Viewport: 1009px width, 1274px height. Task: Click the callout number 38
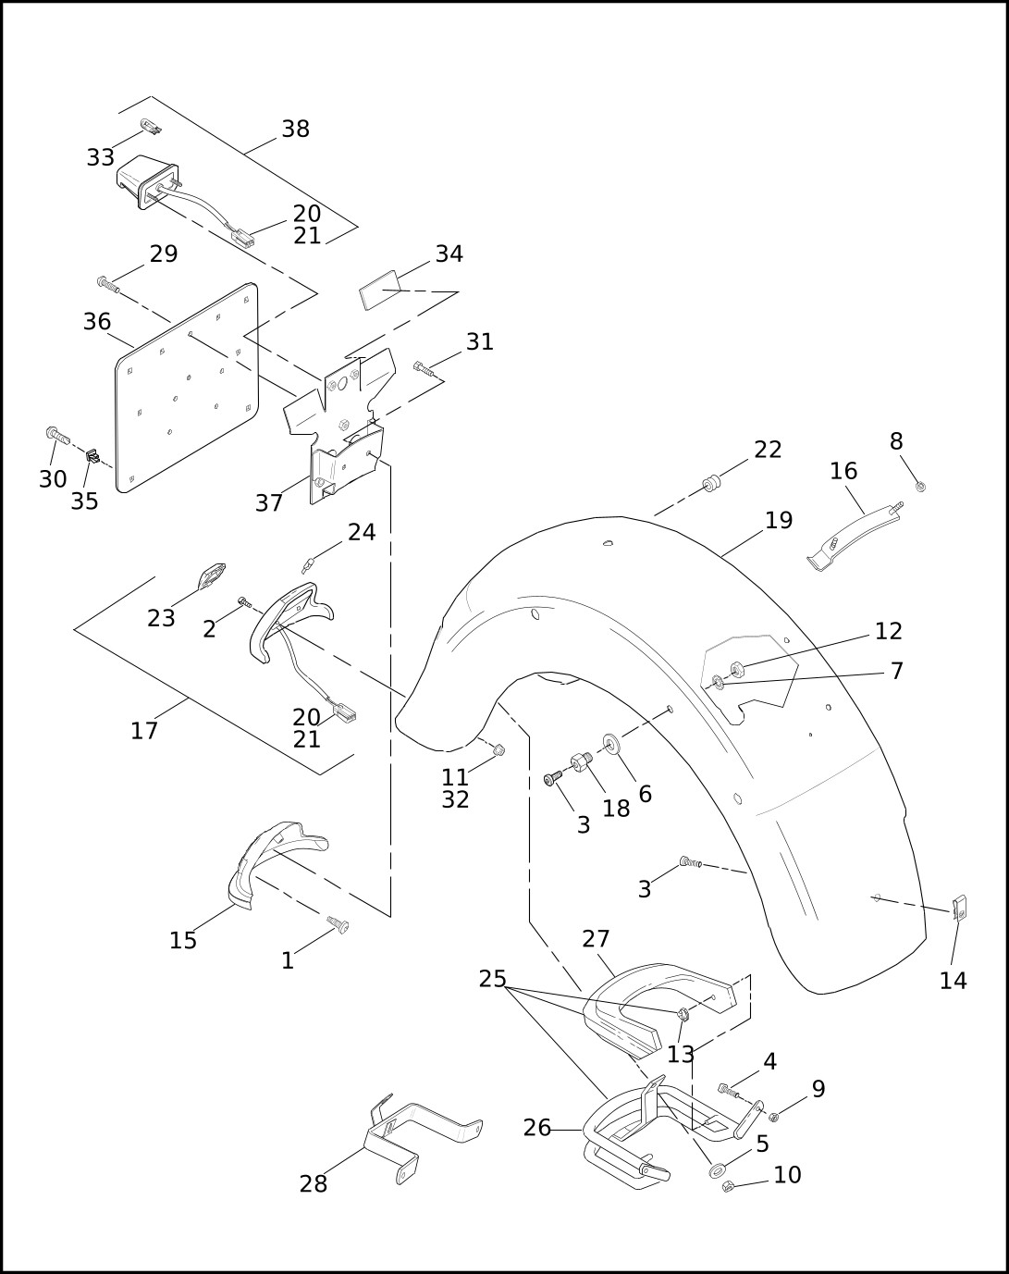pos(295,129)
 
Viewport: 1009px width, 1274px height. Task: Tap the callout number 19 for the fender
pos(779,520)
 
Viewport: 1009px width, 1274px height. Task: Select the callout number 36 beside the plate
pos(97,321)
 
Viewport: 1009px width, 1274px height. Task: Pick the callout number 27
pos(596,938)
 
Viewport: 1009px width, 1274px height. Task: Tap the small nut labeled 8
pos(920,487)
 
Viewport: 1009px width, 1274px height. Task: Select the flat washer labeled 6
pos(611,743)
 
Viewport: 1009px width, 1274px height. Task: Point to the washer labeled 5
pos(718,1169)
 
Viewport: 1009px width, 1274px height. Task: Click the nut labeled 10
pos(728,1186)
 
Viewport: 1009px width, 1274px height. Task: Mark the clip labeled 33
pos(151,126)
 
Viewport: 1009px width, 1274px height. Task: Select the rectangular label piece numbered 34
pos(379,290)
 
